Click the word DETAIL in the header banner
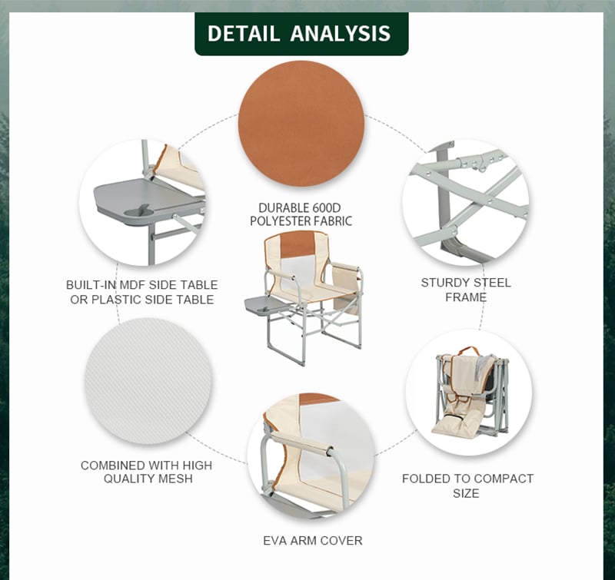243,33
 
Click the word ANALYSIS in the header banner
341,33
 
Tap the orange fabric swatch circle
301,124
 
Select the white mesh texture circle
148,381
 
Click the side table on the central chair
264,304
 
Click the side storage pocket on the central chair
346,288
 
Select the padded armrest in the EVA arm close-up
302,443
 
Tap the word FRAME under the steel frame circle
466,297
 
